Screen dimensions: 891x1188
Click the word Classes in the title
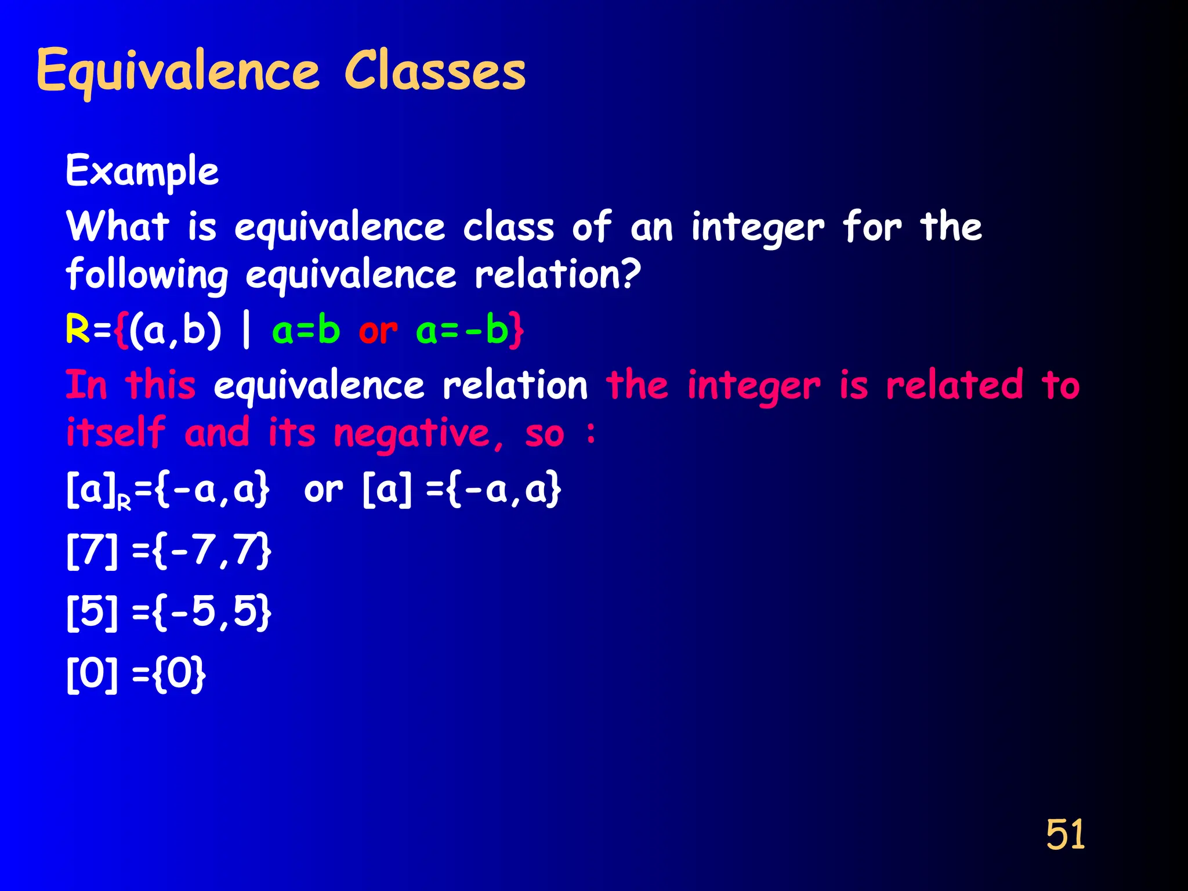[x=435, y=71]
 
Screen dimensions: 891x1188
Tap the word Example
[x=142, y=172]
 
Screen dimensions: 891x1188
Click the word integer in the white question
[x=757, y=228]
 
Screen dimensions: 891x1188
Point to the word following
[x=147, y=276]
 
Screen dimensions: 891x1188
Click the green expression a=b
[x=306, y=331]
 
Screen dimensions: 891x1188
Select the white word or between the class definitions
[x=323, y=490]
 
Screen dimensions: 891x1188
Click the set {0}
[x=179, y=673]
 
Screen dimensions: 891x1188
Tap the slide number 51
[x=1065, y=835]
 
